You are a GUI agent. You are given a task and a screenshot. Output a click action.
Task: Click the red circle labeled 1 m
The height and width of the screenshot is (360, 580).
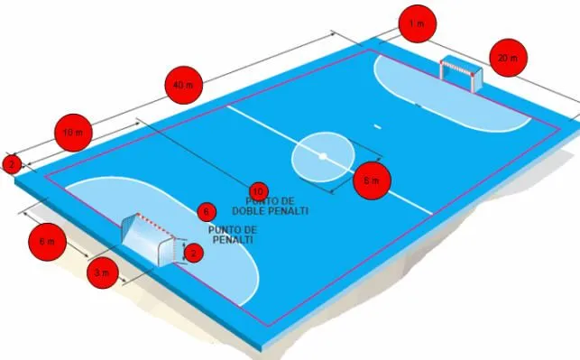(416, 24)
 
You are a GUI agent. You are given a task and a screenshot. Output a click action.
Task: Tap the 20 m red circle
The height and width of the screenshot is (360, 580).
(508, 59)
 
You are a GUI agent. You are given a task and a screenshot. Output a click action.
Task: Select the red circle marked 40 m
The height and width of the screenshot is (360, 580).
(183, 85)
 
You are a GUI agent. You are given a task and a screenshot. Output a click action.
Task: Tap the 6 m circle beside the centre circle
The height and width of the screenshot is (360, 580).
(371, 180)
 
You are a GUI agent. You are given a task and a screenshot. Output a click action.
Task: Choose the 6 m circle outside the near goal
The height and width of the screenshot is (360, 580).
(47, 242)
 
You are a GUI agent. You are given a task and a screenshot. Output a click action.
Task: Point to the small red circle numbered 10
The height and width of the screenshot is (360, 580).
(258, 190)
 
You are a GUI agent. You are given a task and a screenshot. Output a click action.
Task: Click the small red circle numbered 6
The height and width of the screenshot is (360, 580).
(207, 212)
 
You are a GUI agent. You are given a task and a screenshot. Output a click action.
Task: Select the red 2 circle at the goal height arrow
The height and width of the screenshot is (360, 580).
(192, 254)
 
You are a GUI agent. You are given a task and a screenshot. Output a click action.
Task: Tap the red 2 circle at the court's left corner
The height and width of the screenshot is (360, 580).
(11, 164)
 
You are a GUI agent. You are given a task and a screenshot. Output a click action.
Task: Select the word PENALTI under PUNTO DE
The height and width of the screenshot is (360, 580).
(231, 241)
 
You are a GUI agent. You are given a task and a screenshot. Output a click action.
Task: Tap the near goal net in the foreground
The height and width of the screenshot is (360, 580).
(150, 239)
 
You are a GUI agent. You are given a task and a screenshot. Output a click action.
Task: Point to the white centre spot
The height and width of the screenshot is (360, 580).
(321, 155)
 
